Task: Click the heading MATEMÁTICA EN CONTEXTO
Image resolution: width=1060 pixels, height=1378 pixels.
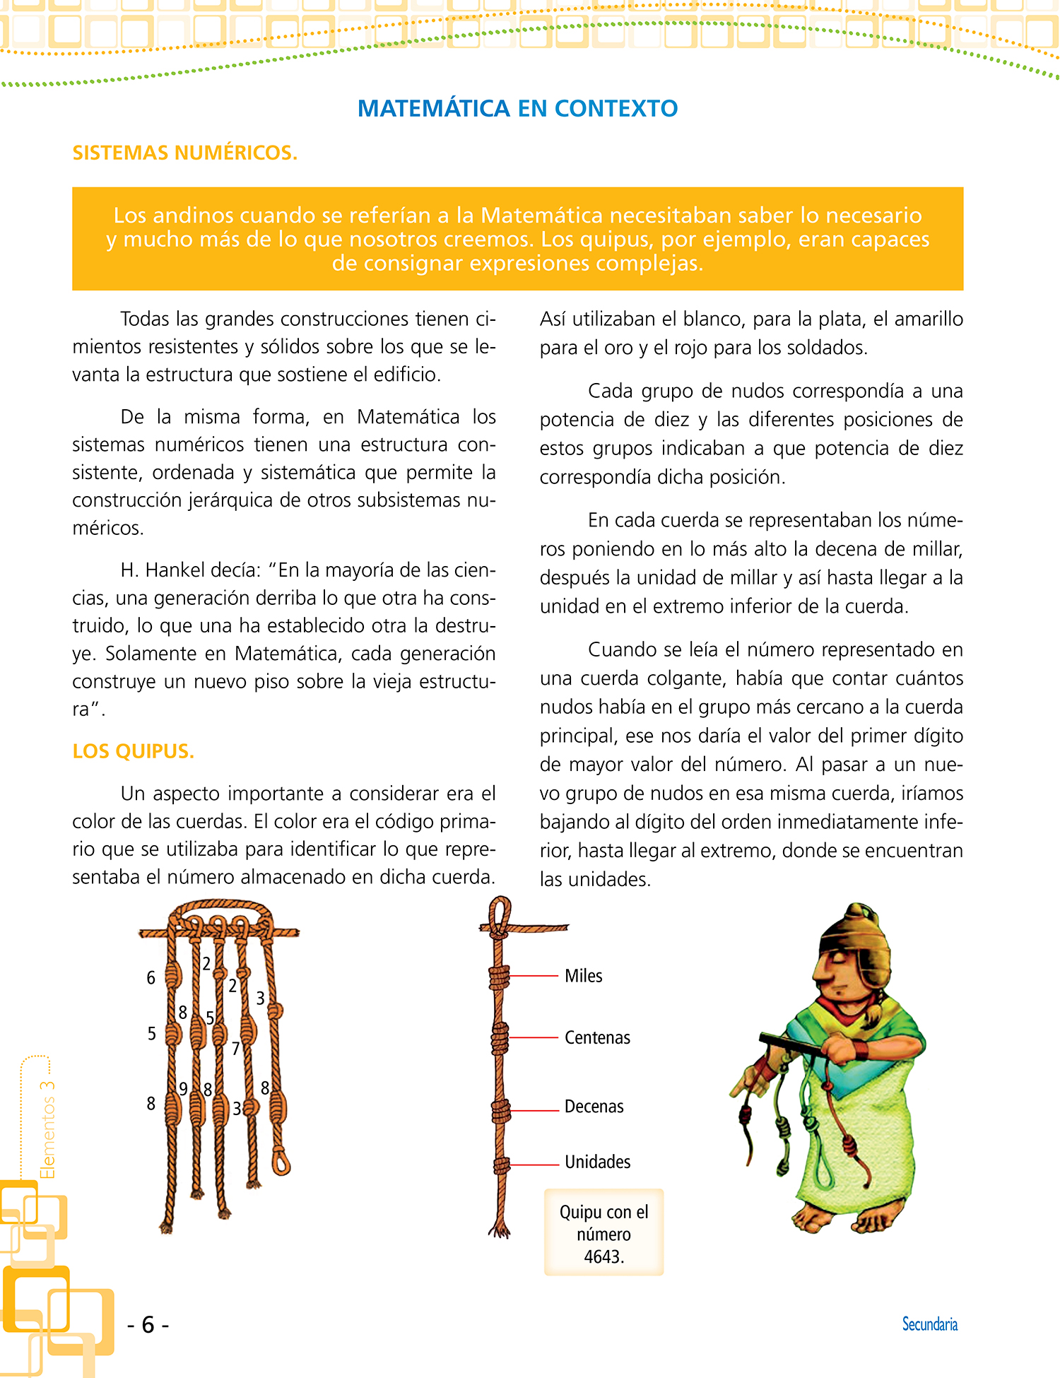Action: (517, 109)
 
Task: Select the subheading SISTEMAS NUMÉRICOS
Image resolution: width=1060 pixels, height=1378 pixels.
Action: (185, 153)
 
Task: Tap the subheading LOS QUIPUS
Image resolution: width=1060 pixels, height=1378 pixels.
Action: (133, 751)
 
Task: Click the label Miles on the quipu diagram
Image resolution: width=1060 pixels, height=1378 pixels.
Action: (583, 976)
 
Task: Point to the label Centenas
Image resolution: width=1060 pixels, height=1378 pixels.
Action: (597, 1037)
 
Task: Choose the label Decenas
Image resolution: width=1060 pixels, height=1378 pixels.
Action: (594, 1107)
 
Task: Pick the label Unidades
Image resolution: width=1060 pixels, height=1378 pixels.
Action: (597, 1162)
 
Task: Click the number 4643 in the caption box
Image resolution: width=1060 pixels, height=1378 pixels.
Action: (602, 1257)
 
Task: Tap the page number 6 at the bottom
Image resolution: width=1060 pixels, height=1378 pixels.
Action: (148, 1324)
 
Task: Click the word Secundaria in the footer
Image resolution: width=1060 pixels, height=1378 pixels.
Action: (929, 1324)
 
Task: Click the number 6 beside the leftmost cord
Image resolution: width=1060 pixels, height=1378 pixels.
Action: (151, 978)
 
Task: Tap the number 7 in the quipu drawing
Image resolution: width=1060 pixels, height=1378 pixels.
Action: (236, 1049)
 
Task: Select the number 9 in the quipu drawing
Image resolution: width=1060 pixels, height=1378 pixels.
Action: (184, 1089)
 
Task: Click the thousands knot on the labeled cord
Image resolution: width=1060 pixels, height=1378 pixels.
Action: (500, 977)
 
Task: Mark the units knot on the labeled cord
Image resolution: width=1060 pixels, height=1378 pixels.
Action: (501, 1165)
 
